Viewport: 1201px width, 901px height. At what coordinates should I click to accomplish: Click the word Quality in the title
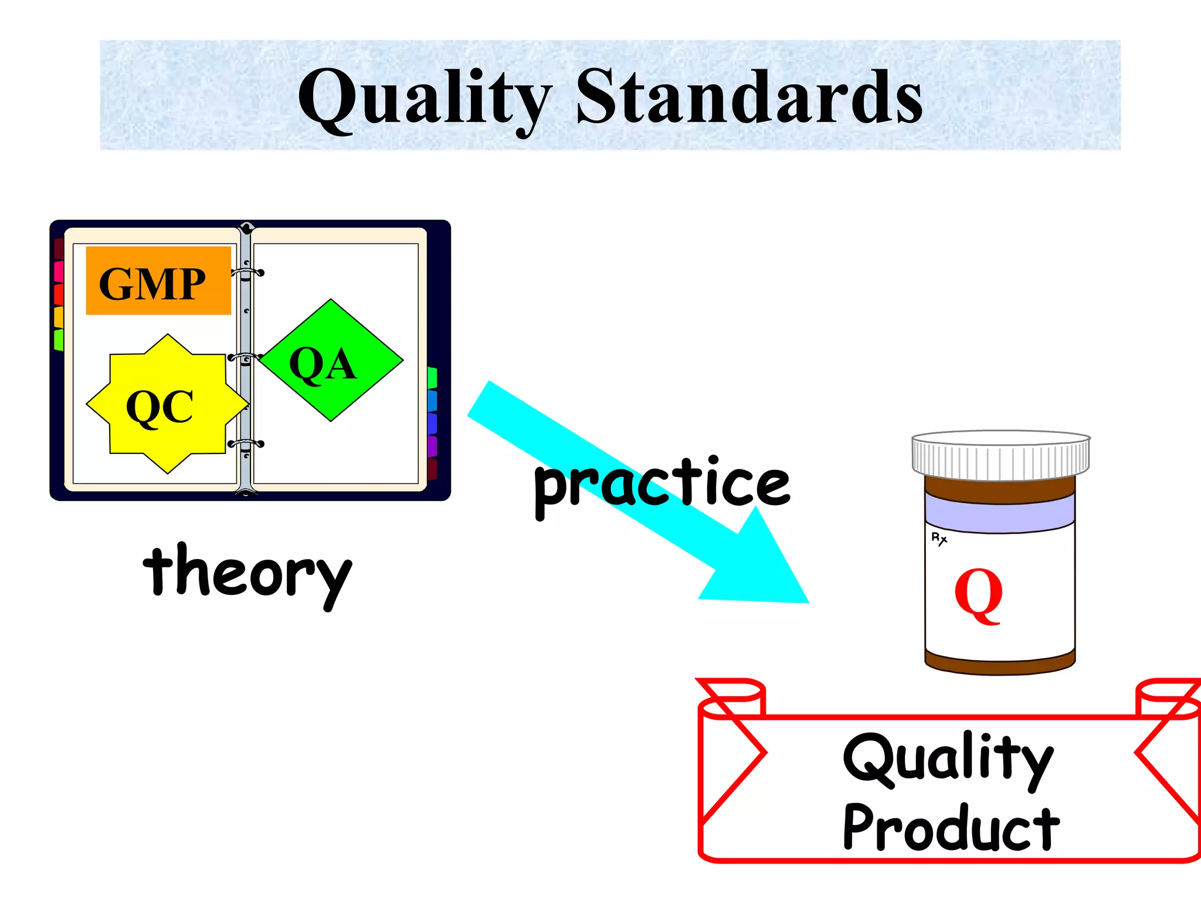pos(425,97)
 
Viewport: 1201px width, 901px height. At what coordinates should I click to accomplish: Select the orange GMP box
pos(158,281)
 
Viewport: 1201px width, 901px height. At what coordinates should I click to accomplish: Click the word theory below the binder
pos(247,572)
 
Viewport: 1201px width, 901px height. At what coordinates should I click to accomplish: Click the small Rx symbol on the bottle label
pos(939,538)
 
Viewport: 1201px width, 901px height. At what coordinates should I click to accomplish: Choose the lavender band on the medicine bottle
pos(999,510)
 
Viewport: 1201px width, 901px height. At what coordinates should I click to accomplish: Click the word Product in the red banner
pos(951,827)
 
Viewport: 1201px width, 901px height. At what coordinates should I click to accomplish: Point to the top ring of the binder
pos(247,273)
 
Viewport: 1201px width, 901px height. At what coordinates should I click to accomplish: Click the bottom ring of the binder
pos(246,444)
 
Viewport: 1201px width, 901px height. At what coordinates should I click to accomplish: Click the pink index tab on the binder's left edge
pos(58,271)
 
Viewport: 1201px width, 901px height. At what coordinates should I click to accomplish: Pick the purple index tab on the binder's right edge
pos(433,446)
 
